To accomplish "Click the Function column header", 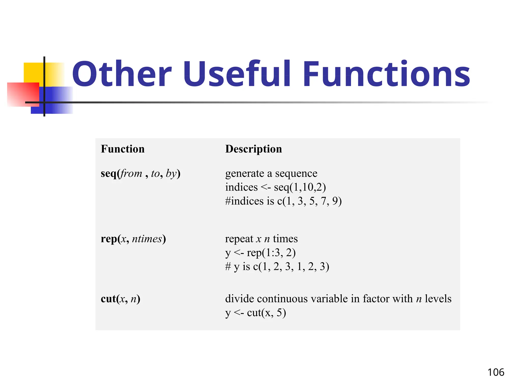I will coord(123,149).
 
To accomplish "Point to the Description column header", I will coord(254,149).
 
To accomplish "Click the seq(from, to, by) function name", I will coord(140,174).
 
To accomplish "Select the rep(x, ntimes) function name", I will coord(133,239).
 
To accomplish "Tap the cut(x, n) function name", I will coord(120,299).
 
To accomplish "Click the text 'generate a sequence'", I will coord(271,174).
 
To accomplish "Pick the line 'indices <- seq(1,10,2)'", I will coord(276,187).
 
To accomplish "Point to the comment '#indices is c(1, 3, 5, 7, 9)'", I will coord(283,201).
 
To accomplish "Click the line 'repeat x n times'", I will coord(261,239).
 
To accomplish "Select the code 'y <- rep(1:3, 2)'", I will coord(260,253).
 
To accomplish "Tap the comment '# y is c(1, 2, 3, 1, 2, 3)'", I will coord(277,267).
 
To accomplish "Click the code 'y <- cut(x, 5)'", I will coord(255,313).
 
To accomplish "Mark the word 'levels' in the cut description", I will coord(438,299).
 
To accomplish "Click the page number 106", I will coord(496,372).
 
